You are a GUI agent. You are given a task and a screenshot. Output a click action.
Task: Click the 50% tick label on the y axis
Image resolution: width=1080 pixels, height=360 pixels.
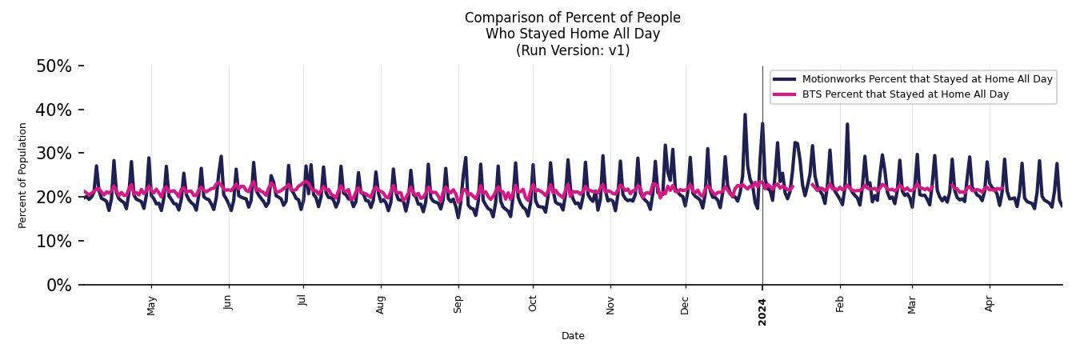pos(54,66)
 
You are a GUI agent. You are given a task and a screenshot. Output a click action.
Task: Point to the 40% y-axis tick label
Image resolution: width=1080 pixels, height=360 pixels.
pos(54,110)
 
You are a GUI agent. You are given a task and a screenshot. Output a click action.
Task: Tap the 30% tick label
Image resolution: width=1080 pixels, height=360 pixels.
pos(54,154)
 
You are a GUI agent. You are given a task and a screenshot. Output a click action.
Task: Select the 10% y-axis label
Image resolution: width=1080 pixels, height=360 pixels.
pos(54,242)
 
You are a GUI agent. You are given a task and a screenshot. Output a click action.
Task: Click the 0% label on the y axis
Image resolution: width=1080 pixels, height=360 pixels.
pos(58,286)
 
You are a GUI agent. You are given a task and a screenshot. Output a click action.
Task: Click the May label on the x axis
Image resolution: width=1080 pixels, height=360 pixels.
pos(151,305)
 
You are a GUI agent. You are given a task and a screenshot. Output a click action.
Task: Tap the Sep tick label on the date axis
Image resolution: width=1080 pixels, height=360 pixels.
pos(458,304)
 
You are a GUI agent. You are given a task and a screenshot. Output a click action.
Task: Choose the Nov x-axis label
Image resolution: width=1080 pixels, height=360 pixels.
pos(610,304)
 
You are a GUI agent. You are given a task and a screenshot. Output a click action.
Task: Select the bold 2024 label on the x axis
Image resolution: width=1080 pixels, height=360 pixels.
pos(762,311)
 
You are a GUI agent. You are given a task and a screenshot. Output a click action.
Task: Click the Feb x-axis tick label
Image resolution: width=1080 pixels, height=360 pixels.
pos(840,304)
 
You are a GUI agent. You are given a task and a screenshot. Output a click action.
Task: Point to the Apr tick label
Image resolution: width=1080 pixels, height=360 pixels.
pos(990,303)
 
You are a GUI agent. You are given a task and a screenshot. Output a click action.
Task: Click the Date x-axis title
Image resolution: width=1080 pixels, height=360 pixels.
pos(573,336)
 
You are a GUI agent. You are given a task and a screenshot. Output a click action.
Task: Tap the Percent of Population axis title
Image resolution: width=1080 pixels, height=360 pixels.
pos(23,175)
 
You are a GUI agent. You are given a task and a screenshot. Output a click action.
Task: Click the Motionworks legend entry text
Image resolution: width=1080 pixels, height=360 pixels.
pos(927,79)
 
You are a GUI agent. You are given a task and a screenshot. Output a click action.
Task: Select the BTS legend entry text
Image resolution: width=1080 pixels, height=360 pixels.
pos(905,94)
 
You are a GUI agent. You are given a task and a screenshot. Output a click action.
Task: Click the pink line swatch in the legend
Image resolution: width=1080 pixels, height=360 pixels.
pos(785,94)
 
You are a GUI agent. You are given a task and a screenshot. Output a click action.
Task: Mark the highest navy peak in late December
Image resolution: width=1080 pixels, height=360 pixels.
pos(745,115)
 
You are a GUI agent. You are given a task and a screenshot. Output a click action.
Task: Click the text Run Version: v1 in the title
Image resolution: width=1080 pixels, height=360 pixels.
pos(573,50)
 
